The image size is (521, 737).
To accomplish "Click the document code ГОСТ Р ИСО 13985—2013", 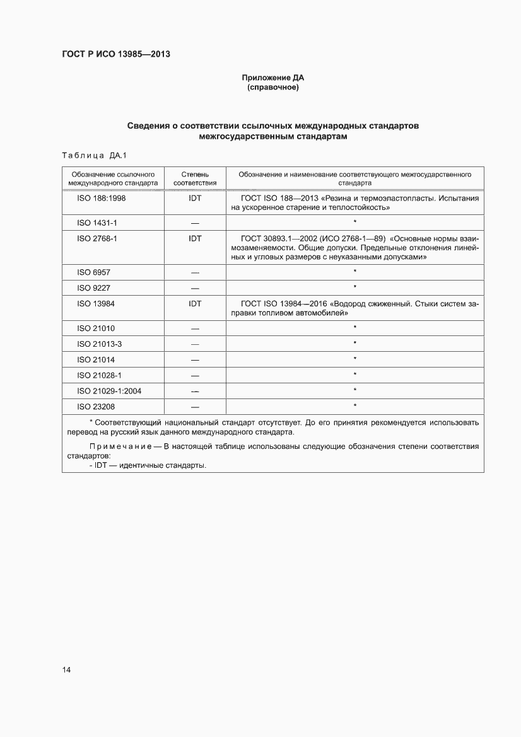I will pyautogui.click(x=116, y=54).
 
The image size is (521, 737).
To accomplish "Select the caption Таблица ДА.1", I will pyautogui.click(x=95, y=156).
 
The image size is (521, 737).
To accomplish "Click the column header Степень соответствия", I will pyautogui.click(x=195, y=178).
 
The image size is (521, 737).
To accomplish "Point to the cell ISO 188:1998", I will pyautogui.click(x=102, y=198).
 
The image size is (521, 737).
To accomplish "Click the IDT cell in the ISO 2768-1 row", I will pyautogui.click(x=195, y=238).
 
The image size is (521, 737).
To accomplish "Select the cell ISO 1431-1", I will pyautogui.click(x=97, y=223).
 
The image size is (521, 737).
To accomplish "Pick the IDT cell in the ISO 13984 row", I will pyautogui.click(x=195, y=304).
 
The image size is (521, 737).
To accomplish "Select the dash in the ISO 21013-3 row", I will pyautogui.click(x=195, y=344).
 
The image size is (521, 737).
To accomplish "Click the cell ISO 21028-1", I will pyautogui.click(x=99, y=375).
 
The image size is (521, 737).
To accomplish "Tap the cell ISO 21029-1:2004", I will pyautogui.click(x=109, y=391).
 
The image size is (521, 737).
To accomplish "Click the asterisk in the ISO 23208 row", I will pyautogui.click(x=355, y=406).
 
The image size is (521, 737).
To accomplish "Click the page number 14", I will pyautogui.click(x=66, y=670).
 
